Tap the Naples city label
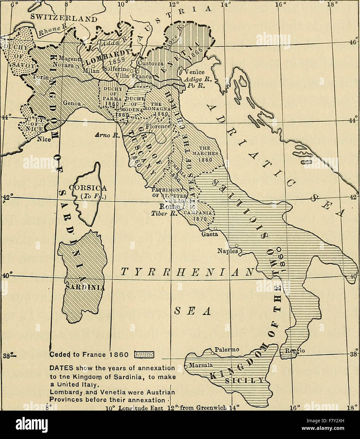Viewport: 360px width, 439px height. tap(227, 251)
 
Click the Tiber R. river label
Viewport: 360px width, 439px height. tap(163, 213)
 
